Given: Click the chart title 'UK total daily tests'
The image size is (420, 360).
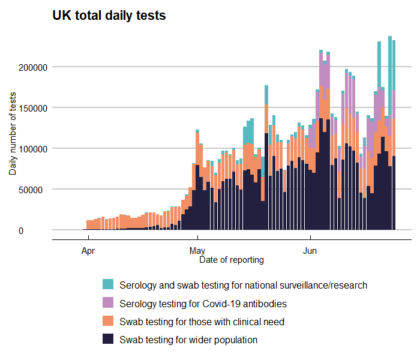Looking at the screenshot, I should pos(109,16).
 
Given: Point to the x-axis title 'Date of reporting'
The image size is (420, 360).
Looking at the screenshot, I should pos(231,260).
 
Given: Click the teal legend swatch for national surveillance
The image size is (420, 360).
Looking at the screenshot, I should pos(107,285).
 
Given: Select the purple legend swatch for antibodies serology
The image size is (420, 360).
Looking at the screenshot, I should pos(107,303).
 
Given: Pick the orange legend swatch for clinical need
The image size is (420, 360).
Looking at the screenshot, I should pos(107,322).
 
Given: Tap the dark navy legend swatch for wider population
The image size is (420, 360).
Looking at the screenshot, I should pos(107,340).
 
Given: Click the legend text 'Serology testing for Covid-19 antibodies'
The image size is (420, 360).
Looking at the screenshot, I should pos(203,304).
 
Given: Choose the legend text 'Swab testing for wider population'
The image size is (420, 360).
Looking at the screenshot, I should pos(188,340).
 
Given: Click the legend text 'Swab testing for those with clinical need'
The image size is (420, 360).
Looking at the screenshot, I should pos(202,322).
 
